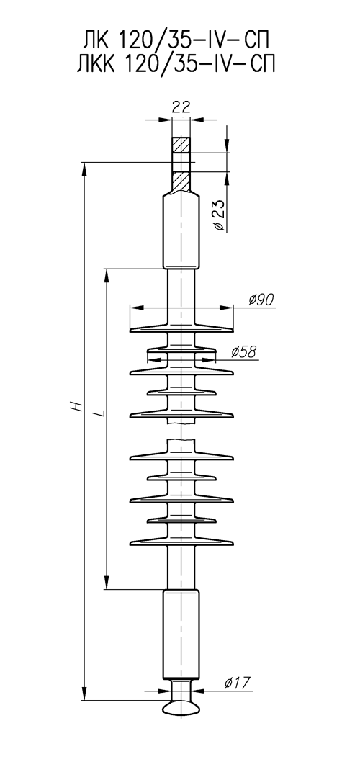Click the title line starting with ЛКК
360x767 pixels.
click(x=176, y=65)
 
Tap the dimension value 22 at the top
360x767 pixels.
click(x=181, y=107)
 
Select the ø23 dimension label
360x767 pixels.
click(x=220, y=215)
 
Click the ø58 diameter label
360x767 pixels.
click(x=243, y=351)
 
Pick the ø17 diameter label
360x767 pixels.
click(x=238, y=682)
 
